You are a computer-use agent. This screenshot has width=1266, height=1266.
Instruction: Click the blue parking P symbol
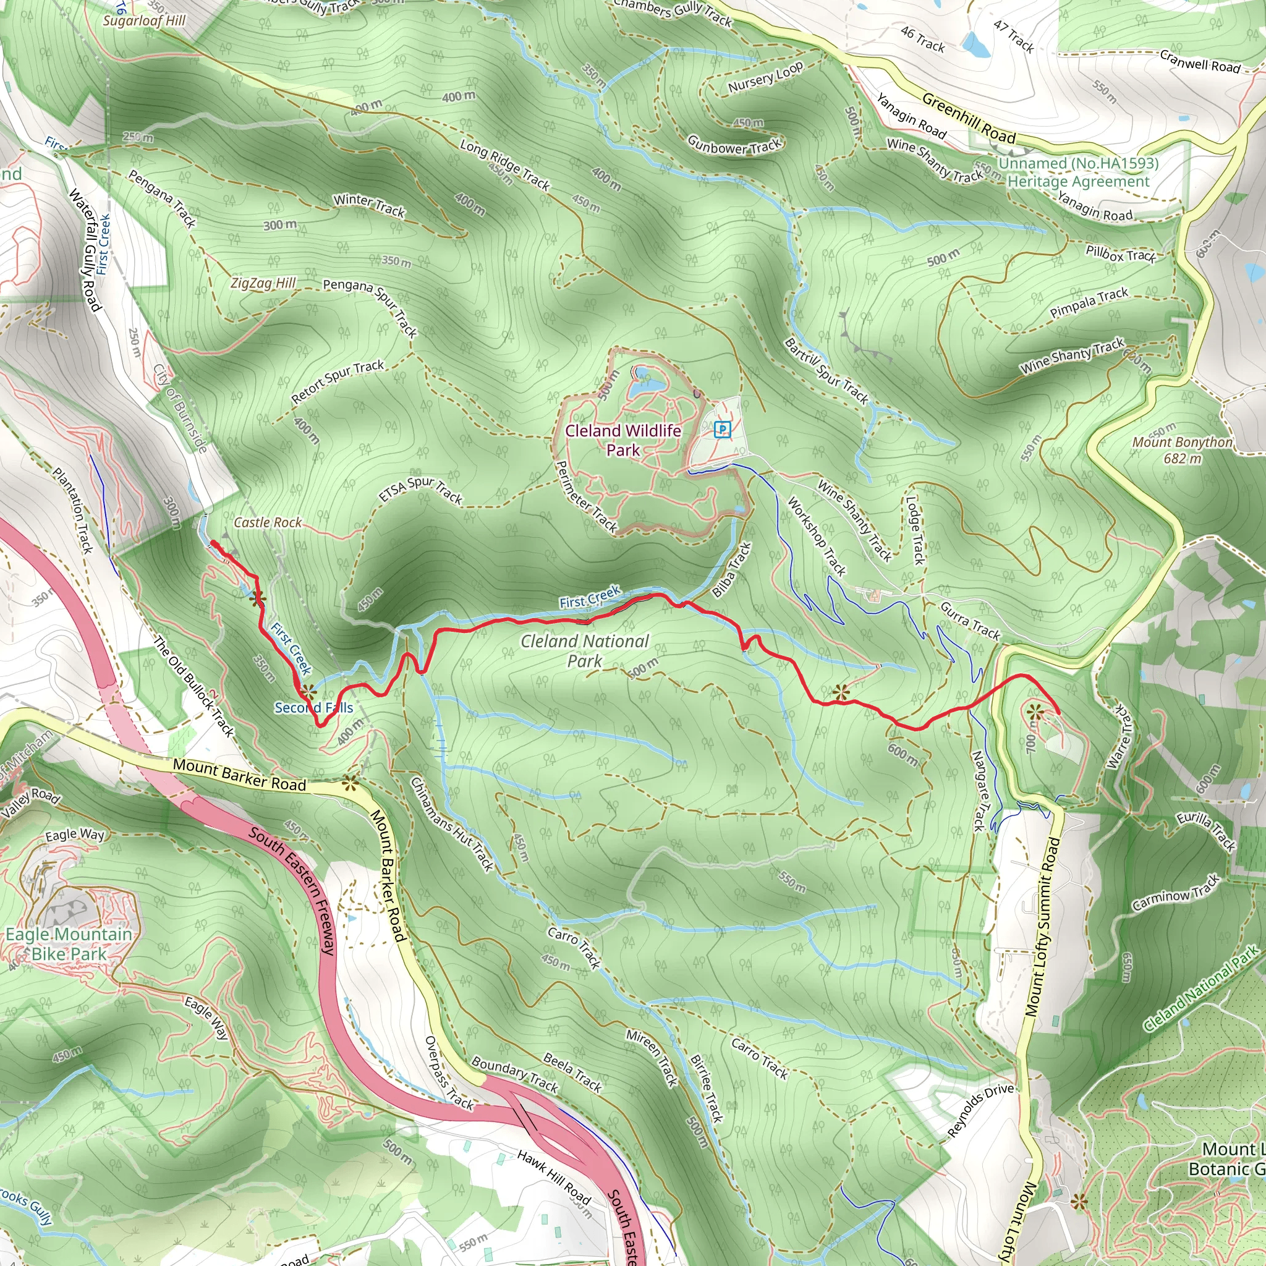click(722, 429)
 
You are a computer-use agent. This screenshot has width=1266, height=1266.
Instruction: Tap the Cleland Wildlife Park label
click(622, 440)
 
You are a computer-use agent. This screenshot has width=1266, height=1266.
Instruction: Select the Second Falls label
click(314, 708)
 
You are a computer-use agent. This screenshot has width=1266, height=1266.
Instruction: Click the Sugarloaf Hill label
click(144, 20)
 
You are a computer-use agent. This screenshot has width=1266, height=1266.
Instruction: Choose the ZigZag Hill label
click(263, 283)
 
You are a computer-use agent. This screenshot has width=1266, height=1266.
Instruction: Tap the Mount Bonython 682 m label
click(1182, 449)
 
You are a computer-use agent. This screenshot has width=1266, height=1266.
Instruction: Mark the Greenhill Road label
click(969, 118)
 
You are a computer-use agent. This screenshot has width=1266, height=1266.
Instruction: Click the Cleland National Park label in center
click(585, 650)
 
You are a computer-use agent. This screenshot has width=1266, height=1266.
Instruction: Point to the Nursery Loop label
click(765, 78)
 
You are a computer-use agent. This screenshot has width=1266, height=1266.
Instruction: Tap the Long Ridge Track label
click(504, 164)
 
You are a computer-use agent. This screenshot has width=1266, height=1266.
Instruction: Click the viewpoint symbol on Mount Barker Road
click(350, 783)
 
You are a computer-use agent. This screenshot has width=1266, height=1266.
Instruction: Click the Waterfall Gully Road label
click(86, 250)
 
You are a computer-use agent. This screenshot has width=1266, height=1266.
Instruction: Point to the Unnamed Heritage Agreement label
click(1078, 172)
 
